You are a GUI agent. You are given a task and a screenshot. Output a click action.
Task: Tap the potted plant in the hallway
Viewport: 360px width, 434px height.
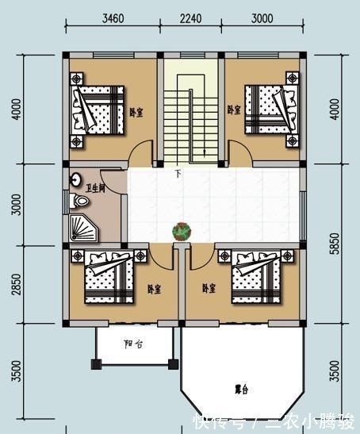tap(182, 231)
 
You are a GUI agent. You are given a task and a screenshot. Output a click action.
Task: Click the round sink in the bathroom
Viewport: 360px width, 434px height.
tap(77, 179)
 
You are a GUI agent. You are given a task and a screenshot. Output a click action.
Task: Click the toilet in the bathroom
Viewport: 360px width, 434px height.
tap(78, 202)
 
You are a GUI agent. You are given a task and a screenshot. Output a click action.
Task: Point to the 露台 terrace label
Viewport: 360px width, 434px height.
tap(242, 390)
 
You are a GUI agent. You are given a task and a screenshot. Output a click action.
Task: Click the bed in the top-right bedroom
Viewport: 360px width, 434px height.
tap(266, 109)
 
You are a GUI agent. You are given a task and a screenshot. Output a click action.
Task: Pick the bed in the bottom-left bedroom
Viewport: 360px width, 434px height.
tap(105, 278)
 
